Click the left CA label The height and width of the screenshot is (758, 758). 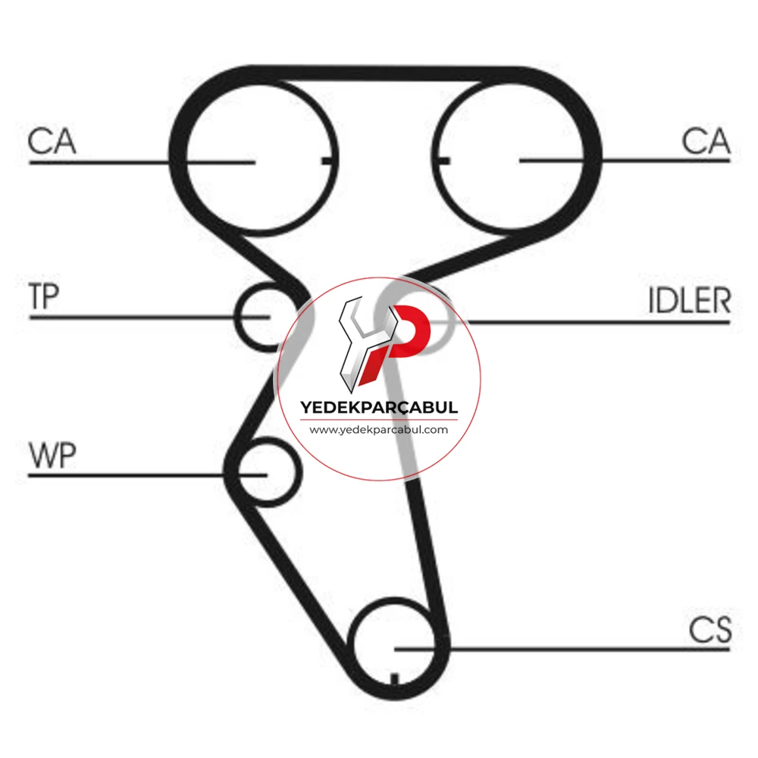52,141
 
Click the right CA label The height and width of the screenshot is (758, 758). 706,141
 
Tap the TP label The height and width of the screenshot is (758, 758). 44,296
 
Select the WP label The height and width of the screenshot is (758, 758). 52,455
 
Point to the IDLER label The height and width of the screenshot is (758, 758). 689,301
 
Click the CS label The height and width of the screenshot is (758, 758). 710,630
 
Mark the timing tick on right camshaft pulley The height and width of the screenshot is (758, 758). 443,161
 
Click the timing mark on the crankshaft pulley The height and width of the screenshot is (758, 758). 394,678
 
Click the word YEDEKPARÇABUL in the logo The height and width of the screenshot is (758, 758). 379,408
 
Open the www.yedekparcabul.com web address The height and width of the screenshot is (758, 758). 379,430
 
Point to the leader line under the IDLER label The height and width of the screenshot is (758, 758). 599,322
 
